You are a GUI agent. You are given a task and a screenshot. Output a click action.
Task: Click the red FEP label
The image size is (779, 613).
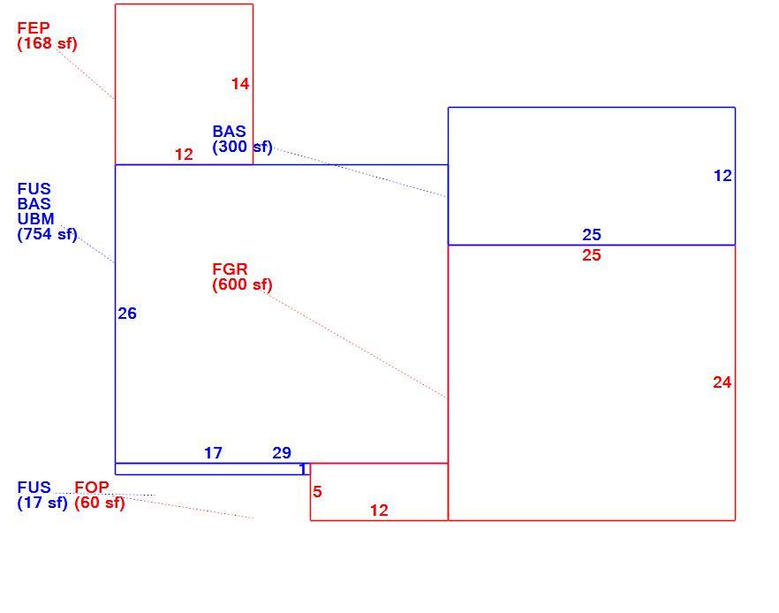tap(34, 27)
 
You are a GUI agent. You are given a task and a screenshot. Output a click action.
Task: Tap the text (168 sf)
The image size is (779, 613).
tap(47, 43)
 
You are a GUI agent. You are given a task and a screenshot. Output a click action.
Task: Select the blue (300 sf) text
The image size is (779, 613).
tap(242, 147)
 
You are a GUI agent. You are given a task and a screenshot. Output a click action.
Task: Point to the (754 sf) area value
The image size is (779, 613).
tap(47, 234)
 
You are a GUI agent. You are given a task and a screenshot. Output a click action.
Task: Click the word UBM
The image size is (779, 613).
tap(35, 218)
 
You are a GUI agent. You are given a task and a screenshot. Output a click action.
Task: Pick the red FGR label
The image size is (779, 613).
tap(230, 269)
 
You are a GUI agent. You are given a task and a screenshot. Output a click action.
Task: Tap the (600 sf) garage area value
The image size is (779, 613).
tap(242, 284)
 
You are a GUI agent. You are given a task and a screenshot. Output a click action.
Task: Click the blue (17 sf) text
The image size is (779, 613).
tap(42, 503)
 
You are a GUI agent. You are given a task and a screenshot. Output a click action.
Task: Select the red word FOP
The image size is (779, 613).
tap(92, 488)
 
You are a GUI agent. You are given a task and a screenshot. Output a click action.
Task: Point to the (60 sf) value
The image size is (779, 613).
tap(99, 503)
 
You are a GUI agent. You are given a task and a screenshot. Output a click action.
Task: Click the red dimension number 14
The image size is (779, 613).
tap(240, 84)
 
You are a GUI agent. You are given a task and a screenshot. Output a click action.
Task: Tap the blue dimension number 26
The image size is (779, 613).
tap(127, 314)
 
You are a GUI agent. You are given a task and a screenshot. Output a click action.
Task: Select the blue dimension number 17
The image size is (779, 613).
tap(213, 453)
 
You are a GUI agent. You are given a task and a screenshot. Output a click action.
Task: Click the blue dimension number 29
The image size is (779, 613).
tap(282, 453)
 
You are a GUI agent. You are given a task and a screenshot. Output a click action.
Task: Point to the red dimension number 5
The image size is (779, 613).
tap(317, 492)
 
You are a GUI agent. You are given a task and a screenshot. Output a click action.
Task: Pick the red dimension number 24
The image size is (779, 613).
tap(722, 382)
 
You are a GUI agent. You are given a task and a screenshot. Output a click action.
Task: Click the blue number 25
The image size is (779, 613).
tap(592, 234)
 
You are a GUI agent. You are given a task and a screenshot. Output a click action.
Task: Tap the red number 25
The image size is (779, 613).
tap(592, 255)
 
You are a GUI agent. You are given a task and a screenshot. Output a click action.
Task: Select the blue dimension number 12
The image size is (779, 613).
tap(722, 176)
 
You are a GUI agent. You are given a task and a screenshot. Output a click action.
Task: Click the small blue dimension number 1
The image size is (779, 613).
tap(303, 469)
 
